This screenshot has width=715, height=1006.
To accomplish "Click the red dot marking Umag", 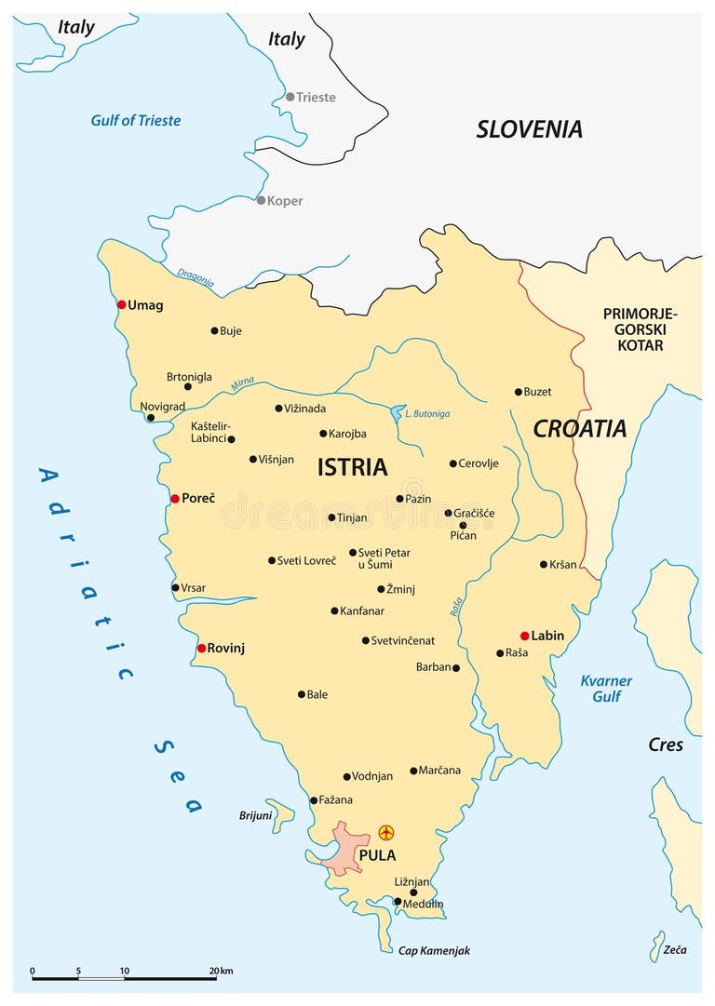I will [121, 304].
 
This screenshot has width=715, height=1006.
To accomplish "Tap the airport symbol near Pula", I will [386, 832].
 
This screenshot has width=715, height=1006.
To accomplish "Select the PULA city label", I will [377, 855].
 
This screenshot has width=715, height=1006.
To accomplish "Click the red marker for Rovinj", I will [201, 648].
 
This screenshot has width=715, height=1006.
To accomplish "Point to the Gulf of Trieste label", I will [136, 120].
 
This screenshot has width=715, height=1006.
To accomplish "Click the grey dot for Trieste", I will [290, 97].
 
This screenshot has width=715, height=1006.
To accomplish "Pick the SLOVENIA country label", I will [529, 129].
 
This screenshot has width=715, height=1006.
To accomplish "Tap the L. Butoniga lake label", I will [427, 412].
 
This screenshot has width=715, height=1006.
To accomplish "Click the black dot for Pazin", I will [399, 499].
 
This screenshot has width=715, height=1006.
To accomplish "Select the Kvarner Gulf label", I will [606, 689].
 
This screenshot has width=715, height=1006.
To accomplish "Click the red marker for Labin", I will [525, 636].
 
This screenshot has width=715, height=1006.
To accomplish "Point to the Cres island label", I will [666, 744].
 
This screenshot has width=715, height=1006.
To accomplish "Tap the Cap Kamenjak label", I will [434, 950].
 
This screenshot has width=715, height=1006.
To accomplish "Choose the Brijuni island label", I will [254, 815].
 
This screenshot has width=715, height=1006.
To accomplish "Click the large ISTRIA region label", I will [352, 467].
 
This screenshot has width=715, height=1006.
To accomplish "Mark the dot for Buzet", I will [519, 392].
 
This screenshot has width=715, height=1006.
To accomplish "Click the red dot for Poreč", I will [174, 499].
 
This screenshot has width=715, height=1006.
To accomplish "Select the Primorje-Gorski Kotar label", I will [640, 329].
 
